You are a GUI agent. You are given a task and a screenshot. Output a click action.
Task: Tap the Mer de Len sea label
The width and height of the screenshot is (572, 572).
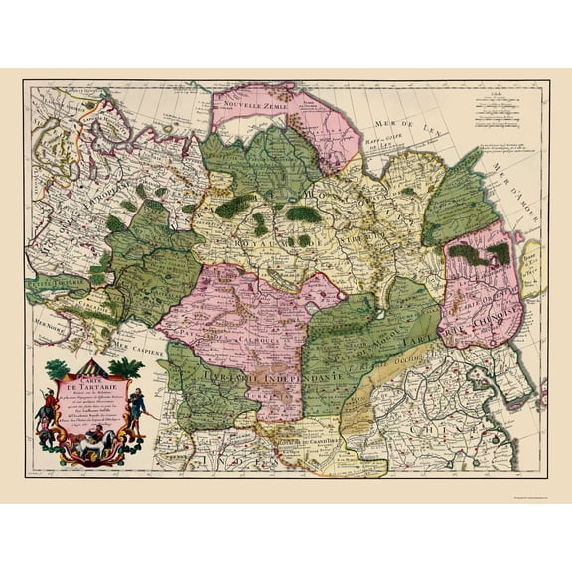pos(391,123)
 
